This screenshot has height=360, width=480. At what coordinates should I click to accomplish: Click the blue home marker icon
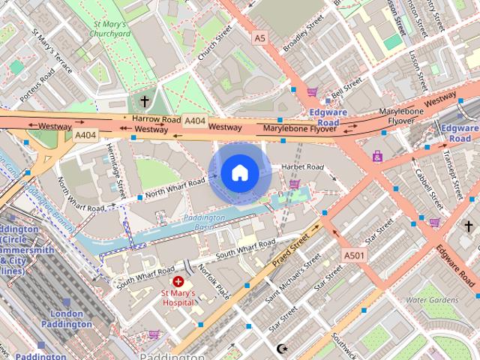coord(239,173)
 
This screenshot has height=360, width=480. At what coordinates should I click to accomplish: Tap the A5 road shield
coord(259,37)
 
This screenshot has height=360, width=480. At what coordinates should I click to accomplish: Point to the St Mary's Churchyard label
coord(110,28)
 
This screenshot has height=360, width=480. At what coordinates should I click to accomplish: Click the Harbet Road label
coord(302,166)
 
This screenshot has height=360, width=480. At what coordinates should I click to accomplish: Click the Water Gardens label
coord(431,300)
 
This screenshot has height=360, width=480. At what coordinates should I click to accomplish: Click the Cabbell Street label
coord(429,187)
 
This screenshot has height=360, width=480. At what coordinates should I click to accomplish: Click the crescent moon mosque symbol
coord(282,349)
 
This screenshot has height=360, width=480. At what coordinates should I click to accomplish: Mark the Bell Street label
coord(346,95)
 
